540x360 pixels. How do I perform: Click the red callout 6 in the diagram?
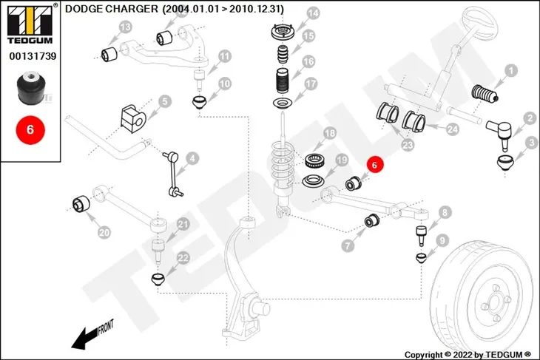pos(374,165)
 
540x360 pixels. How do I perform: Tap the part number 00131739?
pos(33,56)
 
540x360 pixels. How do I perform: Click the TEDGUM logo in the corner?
pos(30,24)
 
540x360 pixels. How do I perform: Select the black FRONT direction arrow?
pos(92,335)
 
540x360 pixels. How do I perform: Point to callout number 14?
pos(313,14)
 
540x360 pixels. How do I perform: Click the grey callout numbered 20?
pos(104,233)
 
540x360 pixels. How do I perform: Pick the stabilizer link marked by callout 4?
pos(173,174)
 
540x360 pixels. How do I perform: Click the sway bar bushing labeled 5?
pos(133,115)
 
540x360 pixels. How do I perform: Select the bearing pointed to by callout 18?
pos(314,161)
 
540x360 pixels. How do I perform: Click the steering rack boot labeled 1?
pos(485,94)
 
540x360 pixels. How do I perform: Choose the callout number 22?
pos(183,258)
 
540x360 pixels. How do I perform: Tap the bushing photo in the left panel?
pos(30,88)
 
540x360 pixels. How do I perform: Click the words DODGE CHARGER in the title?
pos(112,9)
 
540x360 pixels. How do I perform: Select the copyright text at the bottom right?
pos(468,355)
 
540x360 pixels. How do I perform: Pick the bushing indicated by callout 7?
pos(371,220)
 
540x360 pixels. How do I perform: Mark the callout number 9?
pos(442,240)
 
